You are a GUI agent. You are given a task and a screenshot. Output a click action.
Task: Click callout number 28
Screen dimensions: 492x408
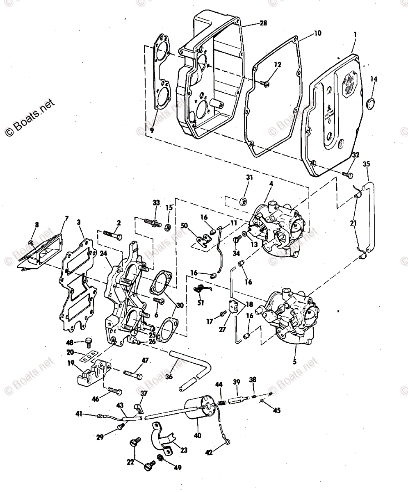coord(263,23)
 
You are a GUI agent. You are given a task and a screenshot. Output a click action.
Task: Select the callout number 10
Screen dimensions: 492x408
coord(318,33)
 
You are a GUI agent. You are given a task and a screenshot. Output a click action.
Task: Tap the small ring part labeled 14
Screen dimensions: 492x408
coord(369,104)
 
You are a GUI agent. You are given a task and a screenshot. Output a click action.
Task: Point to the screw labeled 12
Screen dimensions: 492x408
coord(264,83)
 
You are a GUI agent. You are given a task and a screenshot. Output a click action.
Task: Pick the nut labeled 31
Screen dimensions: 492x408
coord(244,200)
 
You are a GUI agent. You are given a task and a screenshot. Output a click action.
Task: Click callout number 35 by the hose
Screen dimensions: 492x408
coord(367,164)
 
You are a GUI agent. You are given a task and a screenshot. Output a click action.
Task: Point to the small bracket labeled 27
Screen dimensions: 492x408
coord(233,306)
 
